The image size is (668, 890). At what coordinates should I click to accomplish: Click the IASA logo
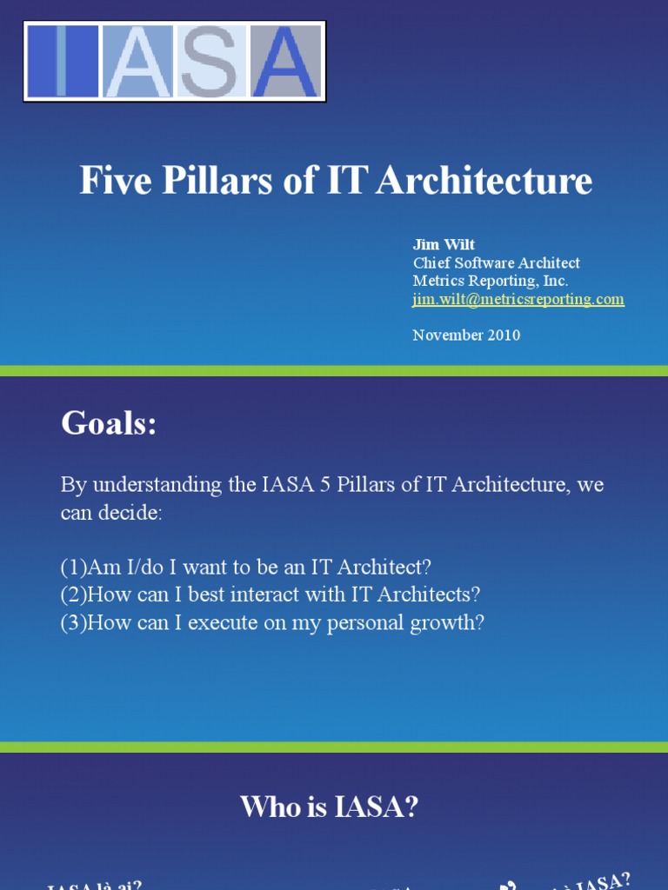tap(174, 61)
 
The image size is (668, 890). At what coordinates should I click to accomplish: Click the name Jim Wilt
tap(444, 244)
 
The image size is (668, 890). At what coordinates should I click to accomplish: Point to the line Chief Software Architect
tap(496, 262)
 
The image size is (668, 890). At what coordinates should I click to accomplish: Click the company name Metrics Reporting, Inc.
tap(490, 281)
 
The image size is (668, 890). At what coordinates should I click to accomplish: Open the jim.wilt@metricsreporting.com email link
tap(518, 299)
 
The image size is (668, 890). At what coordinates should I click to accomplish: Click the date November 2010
tap(466, 335)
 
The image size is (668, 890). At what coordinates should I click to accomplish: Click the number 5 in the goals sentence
tap(325, 485)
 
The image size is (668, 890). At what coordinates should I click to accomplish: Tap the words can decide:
tap(111, 513)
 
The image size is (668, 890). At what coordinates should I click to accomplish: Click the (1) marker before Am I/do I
tap(74, 568)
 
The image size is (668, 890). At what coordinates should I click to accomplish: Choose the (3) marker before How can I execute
tap(74, 623)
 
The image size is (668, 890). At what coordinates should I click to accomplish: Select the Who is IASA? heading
tap(330, 807)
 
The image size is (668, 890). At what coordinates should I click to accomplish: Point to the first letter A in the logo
tap(138, 62)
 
